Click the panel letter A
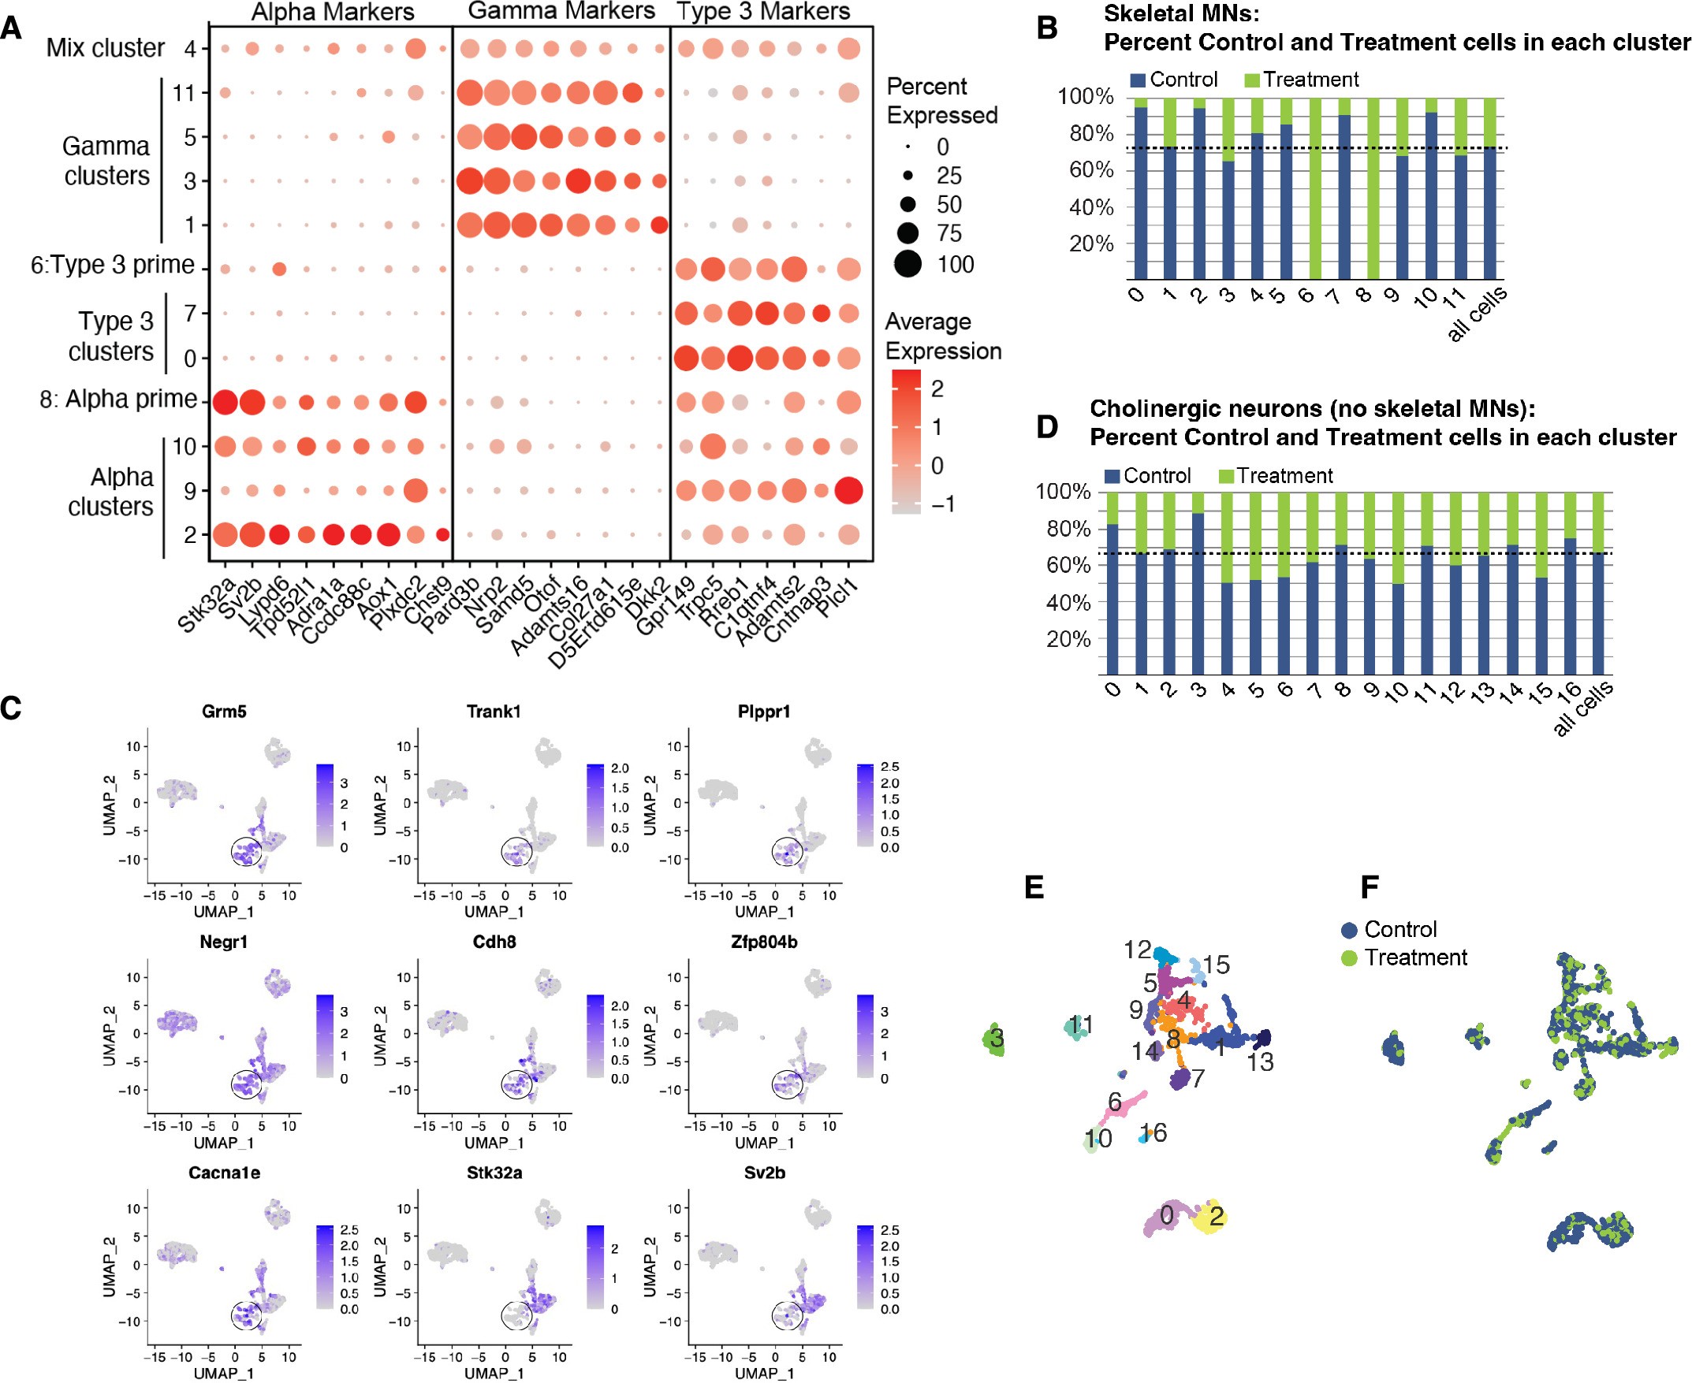coord(11,28)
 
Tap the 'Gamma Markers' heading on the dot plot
coord(561,11)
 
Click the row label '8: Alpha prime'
coord(118,399)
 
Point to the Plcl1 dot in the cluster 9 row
coord(849,490)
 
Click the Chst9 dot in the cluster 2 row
coord(443,534)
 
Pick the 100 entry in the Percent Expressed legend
coord(955,264)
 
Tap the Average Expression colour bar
coord(906,441)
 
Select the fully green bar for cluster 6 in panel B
coord(1315,189)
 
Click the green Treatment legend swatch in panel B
coord(1252,80)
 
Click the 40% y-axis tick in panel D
coord(1068,603)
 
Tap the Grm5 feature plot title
coord(224,712)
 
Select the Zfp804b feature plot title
coord(763,942)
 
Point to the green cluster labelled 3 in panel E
coord(996,1039)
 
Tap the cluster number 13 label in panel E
coord(1261,1062)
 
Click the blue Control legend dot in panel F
coord(1349,930)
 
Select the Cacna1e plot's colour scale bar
coord(324,1267)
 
